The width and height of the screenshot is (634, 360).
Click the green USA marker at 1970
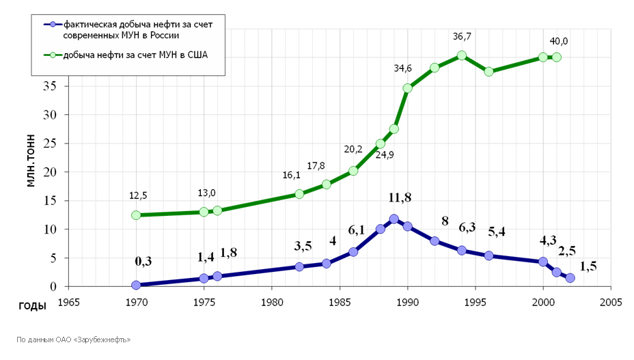[136, 215]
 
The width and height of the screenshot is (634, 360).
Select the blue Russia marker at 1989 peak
[394, 219]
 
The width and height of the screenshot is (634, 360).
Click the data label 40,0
[559, 41]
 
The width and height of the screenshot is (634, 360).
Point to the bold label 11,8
[400, 198]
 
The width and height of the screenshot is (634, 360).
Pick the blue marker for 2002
[570, 278]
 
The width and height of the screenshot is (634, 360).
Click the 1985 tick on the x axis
[340, 301]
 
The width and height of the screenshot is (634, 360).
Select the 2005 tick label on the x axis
[610, 301]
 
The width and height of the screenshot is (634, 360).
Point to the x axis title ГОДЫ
[32, 306]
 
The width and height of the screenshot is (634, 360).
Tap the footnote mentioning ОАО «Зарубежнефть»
[73, 339]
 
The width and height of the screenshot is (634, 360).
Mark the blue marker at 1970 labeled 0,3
[136, 285]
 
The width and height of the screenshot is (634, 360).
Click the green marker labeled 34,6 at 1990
[407, 88]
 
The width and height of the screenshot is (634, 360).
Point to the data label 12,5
[138, 195]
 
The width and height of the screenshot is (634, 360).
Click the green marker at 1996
[488, 71]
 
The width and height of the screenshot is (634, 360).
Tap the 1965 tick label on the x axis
[69, 301]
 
